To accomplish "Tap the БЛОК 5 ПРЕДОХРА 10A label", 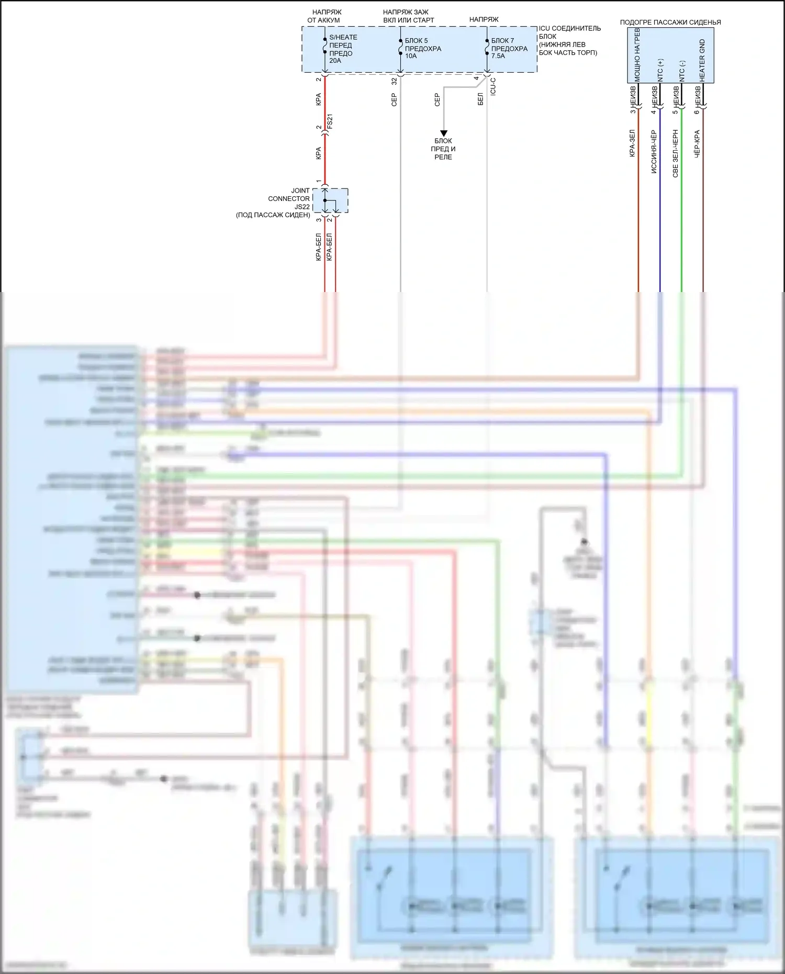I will coord(422,48).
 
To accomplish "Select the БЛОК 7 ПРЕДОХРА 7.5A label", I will coord(509,48).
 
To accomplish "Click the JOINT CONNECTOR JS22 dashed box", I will coord(330,200).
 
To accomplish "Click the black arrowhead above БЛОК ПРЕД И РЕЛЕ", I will coord(443,133).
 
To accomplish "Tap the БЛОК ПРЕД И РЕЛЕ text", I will coord(443,149).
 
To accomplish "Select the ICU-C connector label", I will coord(493,86).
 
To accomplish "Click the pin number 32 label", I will coord(394,81).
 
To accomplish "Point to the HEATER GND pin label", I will coord(702,60).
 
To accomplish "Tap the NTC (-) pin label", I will coord(681,71).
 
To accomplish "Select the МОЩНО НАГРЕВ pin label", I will coord(637,55).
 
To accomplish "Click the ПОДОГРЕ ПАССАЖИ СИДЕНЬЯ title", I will coord(670,22).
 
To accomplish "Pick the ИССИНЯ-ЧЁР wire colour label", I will coord(654,152).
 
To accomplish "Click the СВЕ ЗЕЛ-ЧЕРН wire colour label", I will coord(675,153).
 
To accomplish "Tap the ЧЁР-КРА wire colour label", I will coord(697,144).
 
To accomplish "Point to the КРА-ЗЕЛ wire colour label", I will coord(632,143).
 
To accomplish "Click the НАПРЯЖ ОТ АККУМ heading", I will coord(324,16).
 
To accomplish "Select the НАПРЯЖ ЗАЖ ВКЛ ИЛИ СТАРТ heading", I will coord(408,16).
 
